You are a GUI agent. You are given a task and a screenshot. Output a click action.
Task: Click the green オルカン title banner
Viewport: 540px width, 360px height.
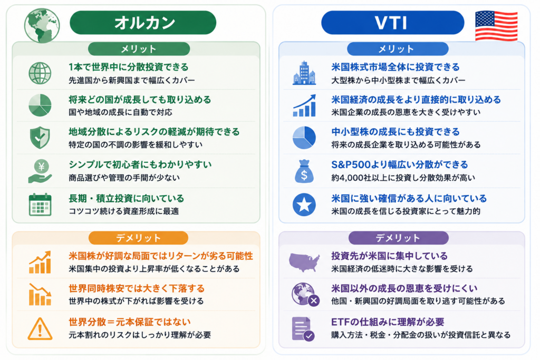(x=143, y=23)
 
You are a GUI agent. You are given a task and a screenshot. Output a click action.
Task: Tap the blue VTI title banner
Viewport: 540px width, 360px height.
(x=392, y=23)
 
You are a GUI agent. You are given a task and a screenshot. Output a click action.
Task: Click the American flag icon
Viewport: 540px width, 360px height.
(x=496, y=26)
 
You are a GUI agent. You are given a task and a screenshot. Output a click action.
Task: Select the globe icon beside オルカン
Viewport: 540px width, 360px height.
(x=42, y=26)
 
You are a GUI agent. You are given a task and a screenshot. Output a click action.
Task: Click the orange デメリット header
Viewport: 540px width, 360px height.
(x=139, y=238)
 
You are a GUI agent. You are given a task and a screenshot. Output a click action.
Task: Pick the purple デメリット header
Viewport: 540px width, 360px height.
(x=399, y=238)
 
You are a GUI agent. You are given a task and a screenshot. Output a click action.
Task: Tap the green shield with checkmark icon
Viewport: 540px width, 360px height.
(x=40, y=138)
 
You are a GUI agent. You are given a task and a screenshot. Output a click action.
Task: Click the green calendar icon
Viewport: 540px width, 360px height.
(x=40, y=205)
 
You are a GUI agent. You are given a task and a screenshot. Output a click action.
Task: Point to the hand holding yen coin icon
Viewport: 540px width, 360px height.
(x=40, y=171)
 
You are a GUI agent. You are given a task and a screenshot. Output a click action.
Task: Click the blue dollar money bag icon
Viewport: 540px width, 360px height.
(x=304, y=171)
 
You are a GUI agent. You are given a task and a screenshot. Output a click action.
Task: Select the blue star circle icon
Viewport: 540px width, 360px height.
(x=304, y=205)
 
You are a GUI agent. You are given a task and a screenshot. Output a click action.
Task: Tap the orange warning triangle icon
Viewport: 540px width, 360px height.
(x=40, y=329)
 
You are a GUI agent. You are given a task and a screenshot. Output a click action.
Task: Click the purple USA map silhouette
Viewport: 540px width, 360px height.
(x=304, y=262)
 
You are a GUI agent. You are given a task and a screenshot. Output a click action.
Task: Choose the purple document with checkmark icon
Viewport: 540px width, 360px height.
(x=303, y=329)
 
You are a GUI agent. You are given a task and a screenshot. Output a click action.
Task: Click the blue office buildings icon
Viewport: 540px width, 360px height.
(x=304, y=73)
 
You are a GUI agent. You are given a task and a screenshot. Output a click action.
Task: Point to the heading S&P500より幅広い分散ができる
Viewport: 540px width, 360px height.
(x=400, y=164)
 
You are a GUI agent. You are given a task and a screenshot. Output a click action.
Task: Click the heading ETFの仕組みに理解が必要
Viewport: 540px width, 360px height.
(x=388, y=322)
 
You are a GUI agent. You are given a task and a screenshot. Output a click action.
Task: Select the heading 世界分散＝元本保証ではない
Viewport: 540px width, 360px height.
(x=130, y=322)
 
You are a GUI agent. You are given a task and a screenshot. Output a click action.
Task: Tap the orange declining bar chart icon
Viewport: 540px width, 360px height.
(x=40, y=295)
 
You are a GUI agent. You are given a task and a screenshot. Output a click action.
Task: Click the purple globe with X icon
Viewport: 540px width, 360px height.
(x=305, y=295)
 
